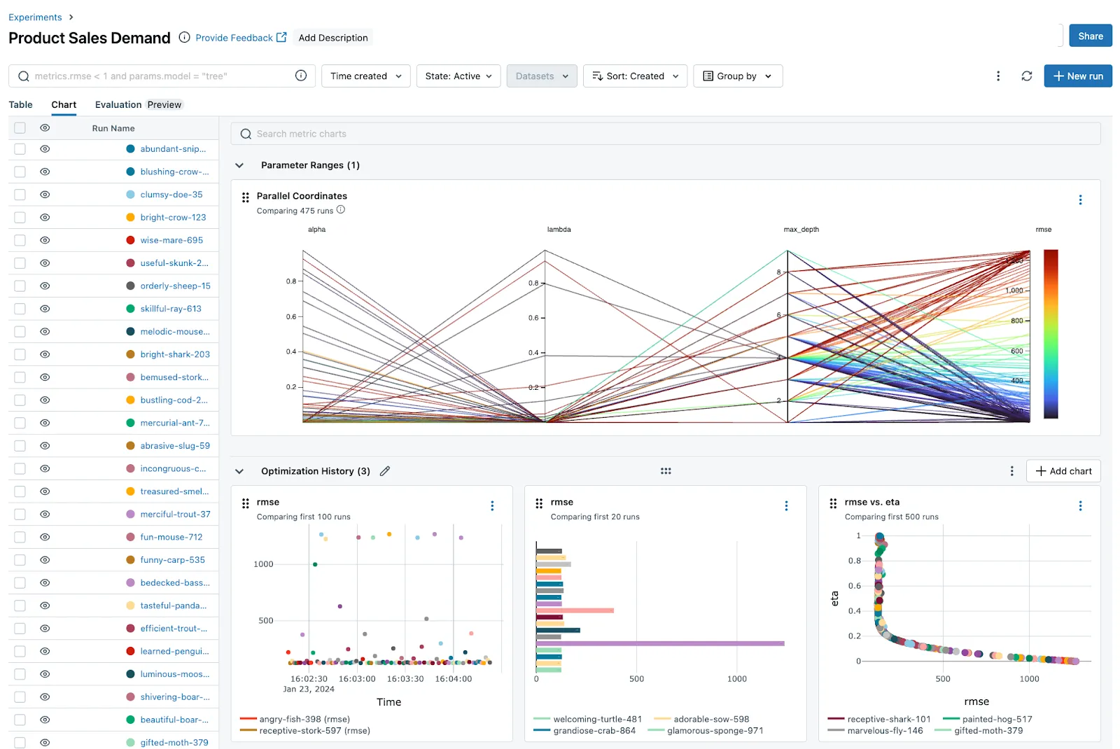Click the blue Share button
1090,36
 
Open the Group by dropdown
737,76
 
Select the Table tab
20,105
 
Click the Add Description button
332,38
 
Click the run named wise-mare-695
171,240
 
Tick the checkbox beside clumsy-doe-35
20,195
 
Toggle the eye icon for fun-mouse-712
45,537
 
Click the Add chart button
1063,471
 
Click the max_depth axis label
801,230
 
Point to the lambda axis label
559,230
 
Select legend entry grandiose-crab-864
594,731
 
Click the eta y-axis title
834,598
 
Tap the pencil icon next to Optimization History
385,471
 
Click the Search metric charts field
665,134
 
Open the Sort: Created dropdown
635,76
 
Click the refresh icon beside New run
1026,76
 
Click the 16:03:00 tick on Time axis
357,679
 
